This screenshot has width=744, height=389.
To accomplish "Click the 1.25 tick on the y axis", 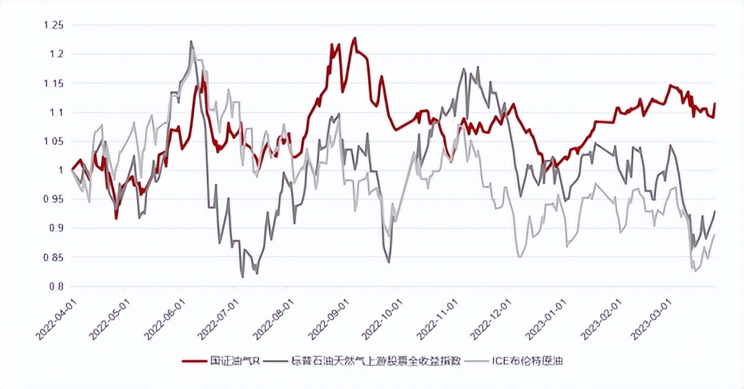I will (x=52, y=25).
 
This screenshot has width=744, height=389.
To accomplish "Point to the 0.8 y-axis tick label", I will (x=56, y=286).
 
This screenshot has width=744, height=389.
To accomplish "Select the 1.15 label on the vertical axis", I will (x=52, y=83).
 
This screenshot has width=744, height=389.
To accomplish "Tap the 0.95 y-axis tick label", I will (x=52, y=199).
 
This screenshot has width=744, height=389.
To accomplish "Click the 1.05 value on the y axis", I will (x=52, y=142).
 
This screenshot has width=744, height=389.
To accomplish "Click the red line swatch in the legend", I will (x=195, y=361).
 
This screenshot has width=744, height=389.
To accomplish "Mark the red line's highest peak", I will (x=355, y=38).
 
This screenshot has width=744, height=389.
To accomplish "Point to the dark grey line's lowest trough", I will (x=242, y=277).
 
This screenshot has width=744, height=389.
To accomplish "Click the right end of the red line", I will (x=715, y=103).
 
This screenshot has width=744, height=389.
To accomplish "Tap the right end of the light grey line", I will (x=715, y=235).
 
